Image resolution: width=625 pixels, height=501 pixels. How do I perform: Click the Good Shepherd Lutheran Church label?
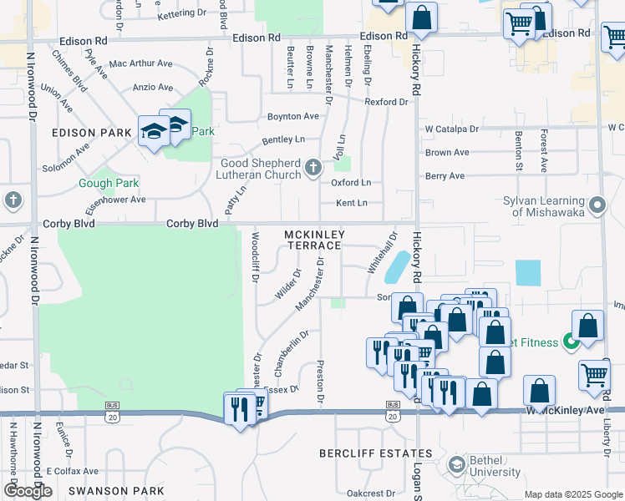point(260,169)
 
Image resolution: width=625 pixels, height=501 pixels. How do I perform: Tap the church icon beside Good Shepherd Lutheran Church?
point(313,169)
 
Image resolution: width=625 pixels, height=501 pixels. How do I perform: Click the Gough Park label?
point(109,183)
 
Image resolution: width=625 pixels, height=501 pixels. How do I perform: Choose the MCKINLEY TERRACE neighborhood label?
point(313,240)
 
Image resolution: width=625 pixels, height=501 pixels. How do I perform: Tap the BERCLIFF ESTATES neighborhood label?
point(376,453)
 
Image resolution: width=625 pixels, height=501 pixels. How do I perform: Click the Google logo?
point(28,491)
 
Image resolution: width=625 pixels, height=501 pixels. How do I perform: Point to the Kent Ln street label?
point(351,203)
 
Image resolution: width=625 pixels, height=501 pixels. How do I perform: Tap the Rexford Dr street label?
point(386,102)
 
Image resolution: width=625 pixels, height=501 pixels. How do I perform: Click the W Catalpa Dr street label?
point(451,129)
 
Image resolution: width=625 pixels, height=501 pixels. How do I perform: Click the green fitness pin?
point(572,341)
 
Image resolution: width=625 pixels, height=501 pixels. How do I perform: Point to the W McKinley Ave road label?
point(564,411)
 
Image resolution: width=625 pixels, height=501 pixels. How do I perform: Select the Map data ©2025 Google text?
point(572,494)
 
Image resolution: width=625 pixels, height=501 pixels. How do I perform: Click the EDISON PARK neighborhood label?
point(92,133)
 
